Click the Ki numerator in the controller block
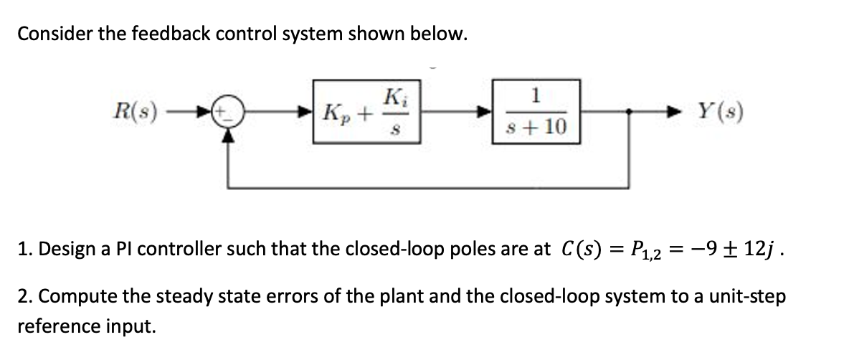click(392, 97)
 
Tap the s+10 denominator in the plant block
click(536, 127)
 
